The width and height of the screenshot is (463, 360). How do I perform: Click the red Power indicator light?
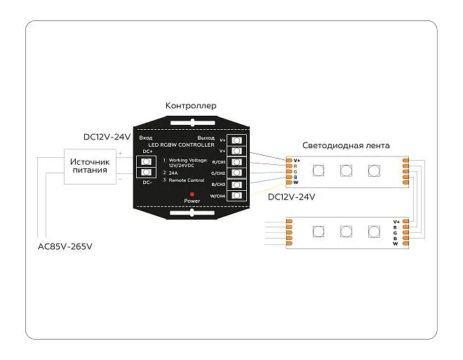pos(191,192)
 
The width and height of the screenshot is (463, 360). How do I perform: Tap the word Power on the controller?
pos(192,201)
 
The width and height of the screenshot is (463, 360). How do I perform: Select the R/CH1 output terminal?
pos(236,162)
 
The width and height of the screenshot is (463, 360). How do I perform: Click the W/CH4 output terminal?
pos(236,196)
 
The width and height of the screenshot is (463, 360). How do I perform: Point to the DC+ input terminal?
pos(147,161)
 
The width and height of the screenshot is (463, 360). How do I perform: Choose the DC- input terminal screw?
pos(147,173)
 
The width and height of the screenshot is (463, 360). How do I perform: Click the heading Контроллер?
pos(191,106)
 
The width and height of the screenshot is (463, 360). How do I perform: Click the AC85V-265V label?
pos(65,247)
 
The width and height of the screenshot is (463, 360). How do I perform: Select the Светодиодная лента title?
pos(346,146)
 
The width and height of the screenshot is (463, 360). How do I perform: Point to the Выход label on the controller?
pos(206,138)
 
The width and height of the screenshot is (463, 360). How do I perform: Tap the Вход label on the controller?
pos(146,138)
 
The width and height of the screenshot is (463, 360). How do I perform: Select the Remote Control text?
pos(186,180)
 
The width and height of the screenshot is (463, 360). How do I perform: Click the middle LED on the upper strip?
pos(345,170)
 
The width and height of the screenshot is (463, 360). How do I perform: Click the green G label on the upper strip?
pos(296,171)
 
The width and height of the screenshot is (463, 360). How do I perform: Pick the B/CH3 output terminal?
pos(236,185)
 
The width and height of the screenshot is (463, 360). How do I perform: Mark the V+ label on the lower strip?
pos(396,222)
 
